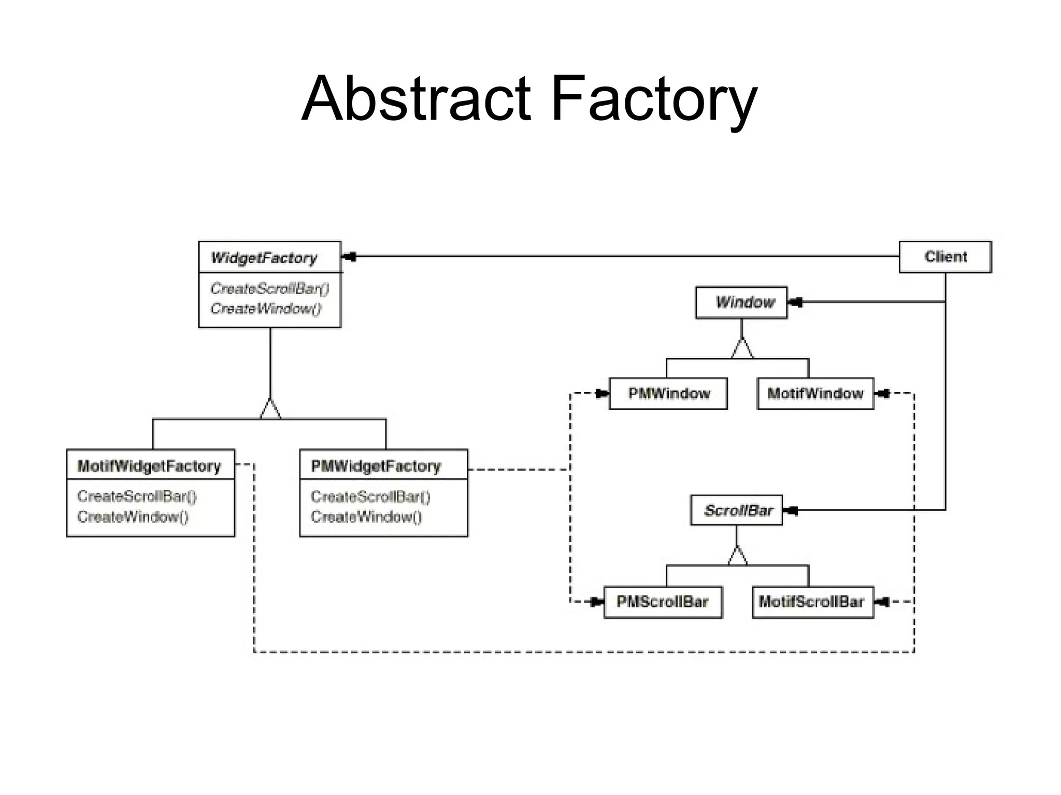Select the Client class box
click(x=945, y=257)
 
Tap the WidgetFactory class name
click(x=264, y=258)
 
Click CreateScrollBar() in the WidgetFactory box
click(x=269, y=288)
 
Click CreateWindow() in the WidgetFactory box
click(x=266, y=309)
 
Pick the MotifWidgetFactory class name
click(x=149, y=466)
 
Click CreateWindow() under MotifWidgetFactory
click(x=133, y=517)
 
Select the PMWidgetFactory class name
click(x=376, y=466)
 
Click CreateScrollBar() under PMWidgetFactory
click(x=370, y=497)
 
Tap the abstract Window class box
click(x=741, y=302)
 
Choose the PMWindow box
click(x=668, y=394)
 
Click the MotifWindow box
click(x=815, y=394)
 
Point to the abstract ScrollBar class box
click(x=737, y=511)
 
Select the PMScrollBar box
click(x=663, y=602)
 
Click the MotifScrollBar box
click(x=812, y=602)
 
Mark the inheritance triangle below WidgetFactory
click(x=270, y=410)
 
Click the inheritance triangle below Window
click(x=742, y=349)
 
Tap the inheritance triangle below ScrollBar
click(x=737, y=556)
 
